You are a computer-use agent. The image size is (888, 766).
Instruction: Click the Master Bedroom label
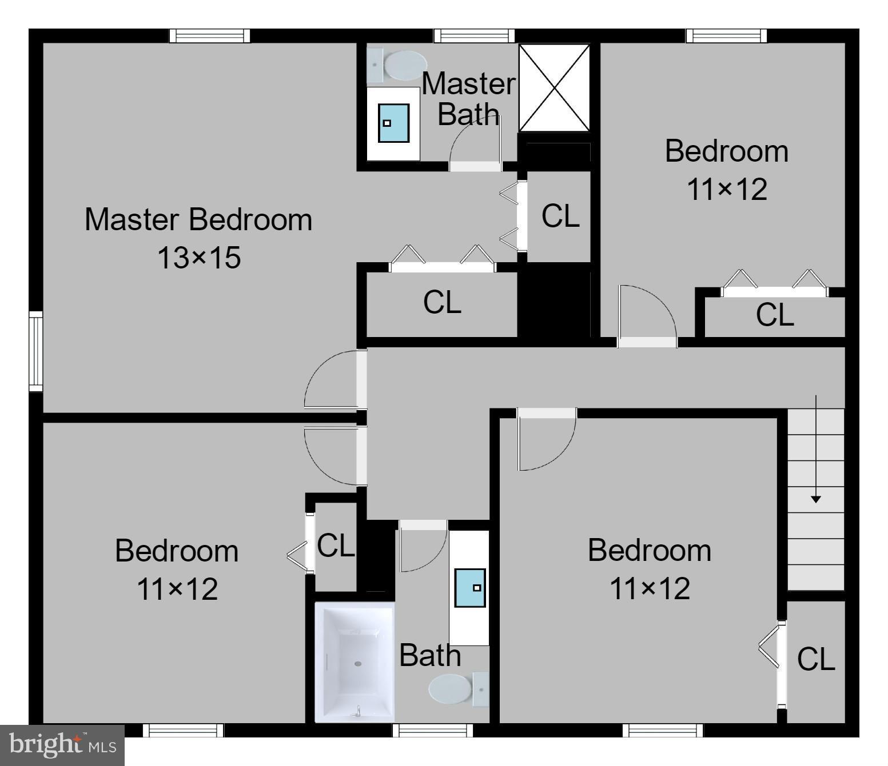198,220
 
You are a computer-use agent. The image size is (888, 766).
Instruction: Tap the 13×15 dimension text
198,258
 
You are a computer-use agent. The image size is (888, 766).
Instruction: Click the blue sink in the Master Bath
393,123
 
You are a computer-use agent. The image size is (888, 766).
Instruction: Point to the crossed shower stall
553,88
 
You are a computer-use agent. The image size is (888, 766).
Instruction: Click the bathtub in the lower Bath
355,661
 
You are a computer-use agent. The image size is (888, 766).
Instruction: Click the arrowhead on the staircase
816,499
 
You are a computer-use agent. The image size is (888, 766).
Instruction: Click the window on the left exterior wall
36,351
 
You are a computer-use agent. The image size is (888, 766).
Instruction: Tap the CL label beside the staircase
816,660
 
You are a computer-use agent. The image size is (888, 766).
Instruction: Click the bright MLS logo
62,745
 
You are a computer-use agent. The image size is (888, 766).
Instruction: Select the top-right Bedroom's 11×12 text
726,189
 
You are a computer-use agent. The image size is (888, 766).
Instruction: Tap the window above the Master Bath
473,36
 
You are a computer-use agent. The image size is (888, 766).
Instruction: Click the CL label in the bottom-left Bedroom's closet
336,546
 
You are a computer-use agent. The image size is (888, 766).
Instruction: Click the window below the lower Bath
432,730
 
